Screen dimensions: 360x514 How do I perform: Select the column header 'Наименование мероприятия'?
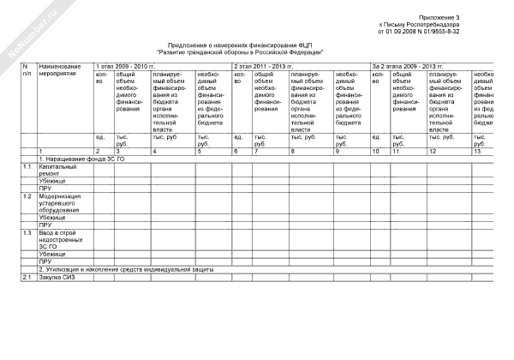click(x=60, y=69)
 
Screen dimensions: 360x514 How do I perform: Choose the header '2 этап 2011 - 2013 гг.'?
click(x=264, y=65)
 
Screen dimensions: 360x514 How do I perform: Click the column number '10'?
click(x=375, y=151)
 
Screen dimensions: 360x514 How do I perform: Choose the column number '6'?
click(x=236, y=151)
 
